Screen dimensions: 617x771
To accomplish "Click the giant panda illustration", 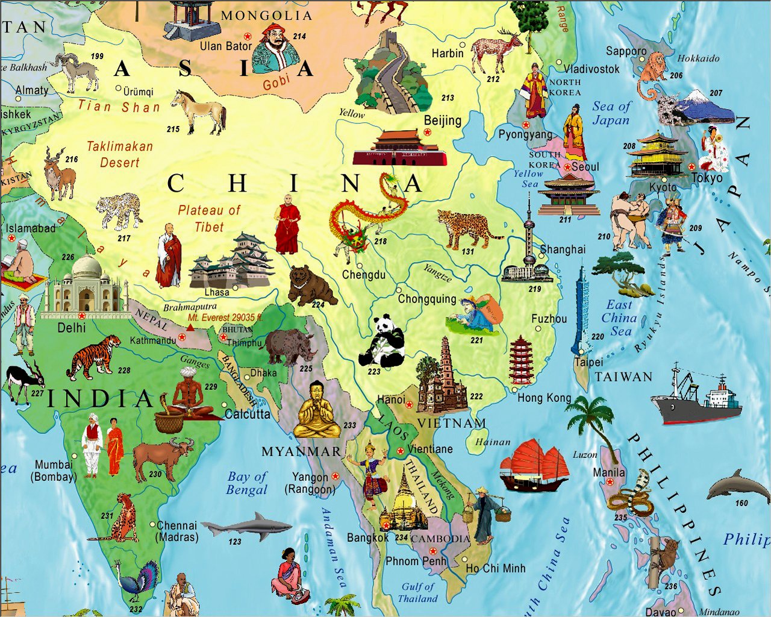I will [x=383, y=341].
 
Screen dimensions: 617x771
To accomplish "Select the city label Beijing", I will [x=443, y=121].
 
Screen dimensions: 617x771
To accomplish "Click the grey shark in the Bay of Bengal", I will [x=248, y=527].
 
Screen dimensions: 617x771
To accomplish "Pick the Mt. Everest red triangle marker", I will [x=190, y=328].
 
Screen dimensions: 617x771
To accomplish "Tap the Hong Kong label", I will [x=544, y=398].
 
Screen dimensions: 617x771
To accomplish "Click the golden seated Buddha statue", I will [x=316, y=411].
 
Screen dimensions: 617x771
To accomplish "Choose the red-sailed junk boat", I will [x=534, y=464].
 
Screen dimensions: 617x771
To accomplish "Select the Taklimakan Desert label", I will [x=119, y=154].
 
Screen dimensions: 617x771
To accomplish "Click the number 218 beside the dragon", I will [x=380, y=242].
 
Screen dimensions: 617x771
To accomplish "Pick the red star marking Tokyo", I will [x=691, y=166].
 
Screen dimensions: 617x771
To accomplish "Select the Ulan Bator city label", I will [x=226, y=46].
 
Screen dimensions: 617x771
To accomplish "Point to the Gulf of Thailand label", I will [x=418, y=593].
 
